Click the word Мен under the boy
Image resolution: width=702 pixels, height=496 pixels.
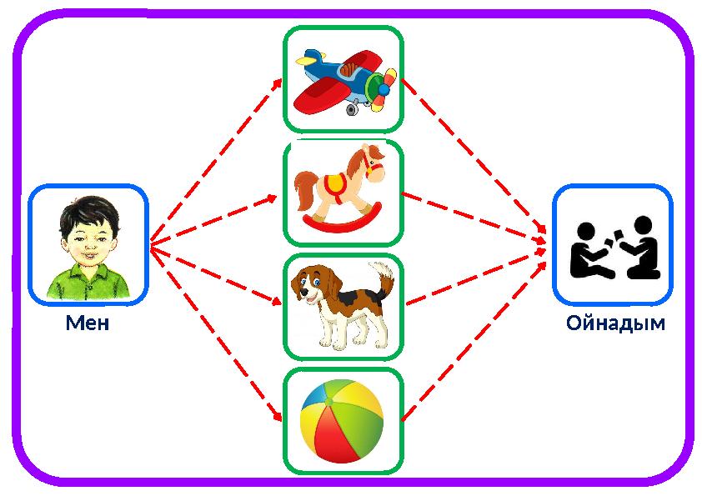(88, 323)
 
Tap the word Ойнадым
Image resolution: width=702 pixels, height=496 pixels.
(615, 323)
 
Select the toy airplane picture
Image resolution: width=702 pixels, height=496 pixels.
(343, 80)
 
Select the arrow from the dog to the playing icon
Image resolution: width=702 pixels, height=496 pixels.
(475, 274)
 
